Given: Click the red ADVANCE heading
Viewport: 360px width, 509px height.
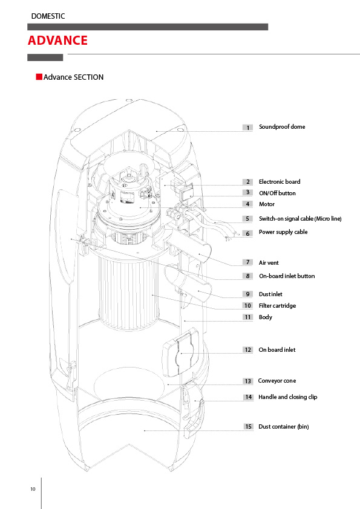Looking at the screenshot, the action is pos(57,41).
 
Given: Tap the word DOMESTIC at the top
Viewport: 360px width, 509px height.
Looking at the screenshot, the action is pos(48,16).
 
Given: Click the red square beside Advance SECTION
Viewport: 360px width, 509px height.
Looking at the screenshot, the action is pos(39,77).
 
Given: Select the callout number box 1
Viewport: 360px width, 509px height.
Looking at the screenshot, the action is pos(247,128).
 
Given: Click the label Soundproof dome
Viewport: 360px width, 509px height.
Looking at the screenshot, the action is pos(282,126).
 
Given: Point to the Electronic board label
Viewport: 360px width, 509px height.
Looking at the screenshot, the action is pos(280,181).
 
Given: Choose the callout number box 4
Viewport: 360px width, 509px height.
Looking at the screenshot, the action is pos(247,204).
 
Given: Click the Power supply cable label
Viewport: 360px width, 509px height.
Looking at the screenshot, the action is pos(283,232).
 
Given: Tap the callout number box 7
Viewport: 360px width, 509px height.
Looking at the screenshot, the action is pos(247,262).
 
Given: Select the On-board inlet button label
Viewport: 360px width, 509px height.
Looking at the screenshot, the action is pos(287,276).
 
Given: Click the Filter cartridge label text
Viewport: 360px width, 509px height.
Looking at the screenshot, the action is pos(277,305).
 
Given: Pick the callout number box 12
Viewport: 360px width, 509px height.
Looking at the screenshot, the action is pos(248,349).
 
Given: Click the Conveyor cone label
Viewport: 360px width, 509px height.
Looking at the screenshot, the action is pos(277,380).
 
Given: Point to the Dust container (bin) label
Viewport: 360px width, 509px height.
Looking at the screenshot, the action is pos(283,426).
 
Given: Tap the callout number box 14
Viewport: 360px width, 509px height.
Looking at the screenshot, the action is pos(249,397).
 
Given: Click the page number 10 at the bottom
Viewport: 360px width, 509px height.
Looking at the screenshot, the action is pos(33,489).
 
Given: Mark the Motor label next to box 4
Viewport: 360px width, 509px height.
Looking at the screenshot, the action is pos(267,204).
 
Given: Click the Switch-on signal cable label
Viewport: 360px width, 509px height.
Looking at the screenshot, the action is pos(300,218).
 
